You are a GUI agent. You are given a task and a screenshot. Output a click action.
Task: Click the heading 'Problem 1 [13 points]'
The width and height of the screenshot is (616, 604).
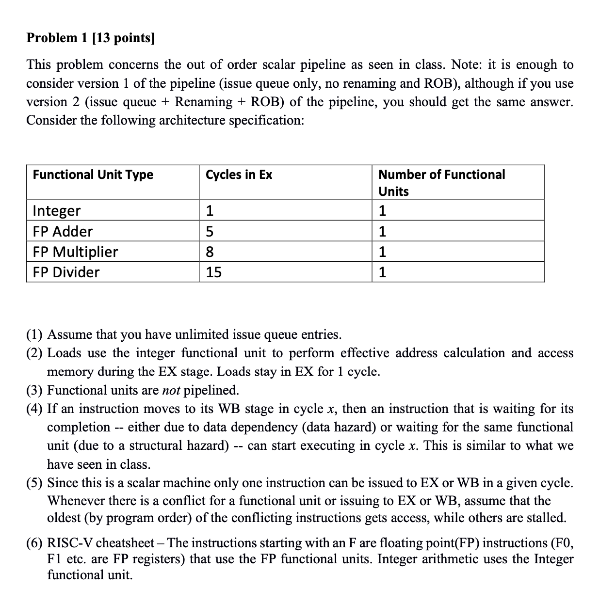coord(90,38)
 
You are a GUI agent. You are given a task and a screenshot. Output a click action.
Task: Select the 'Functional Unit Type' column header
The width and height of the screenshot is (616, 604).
coord(93,175)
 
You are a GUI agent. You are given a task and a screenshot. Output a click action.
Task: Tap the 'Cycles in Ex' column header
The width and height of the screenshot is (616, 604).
coord(239,175)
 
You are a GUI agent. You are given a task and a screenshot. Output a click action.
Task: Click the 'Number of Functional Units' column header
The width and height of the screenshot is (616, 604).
coord(441,182)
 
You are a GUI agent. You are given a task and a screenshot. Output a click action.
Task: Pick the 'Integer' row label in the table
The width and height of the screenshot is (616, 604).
coord(56,211)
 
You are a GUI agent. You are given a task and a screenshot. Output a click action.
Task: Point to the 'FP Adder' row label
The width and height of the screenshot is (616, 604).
coord(63,231)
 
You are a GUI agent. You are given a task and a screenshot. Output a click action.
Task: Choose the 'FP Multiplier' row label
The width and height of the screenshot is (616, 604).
coord(75,252)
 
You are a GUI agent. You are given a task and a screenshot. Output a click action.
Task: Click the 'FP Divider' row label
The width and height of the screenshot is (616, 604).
coord(66,272)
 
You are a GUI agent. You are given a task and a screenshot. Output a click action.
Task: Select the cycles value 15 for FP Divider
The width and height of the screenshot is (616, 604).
coord(213,272)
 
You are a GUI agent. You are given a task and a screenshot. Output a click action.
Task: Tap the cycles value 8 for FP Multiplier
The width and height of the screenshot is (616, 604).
coord(210,252)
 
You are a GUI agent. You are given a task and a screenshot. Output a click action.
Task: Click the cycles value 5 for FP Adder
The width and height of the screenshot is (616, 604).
coord(210,231)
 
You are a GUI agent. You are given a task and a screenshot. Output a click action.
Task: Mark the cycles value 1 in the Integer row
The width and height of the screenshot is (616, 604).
coord(210,211)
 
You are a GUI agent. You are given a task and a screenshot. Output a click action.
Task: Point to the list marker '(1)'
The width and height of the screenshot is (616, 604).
coord(35,334)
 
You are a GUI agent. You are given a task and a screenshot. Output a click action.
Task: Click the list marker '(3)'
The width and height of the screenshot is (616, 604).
coord(35,390)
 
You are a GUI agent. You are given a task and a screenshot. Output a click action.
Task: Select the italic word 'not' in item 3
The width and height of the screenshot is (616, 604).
coord(171,390)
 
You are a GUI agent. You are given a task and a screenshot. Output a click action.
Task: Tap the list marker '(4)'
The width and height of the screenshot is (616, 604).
coord(35,409)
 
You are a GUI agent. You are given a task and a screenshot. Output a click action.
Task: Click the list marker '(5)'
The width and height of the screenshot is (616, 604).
coord(35,483)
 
